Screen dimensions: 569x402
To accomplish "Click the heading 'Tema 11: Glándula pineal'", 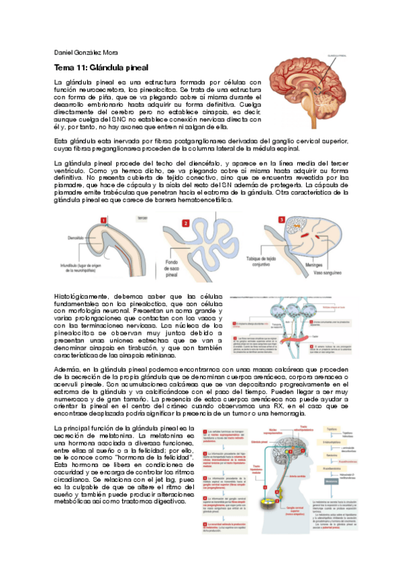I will click(101, 68).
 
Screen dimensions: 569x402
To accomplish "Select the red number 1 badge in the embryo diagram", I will click(103, 219).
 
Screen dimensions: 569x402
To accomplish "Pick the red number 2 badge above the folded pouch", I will click(186, 223).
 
